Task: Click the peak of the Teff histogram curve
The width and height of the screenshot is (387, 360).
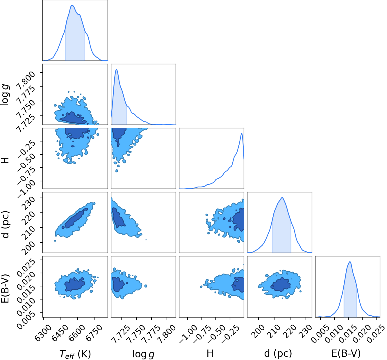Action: click(x=72, y=6)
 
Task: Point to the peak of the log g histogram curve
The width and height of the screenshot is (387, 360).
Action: click(x=117, y=70)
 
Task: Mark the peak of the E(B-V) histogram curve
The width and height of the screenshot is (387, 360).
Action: click(x=350, y=262)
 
